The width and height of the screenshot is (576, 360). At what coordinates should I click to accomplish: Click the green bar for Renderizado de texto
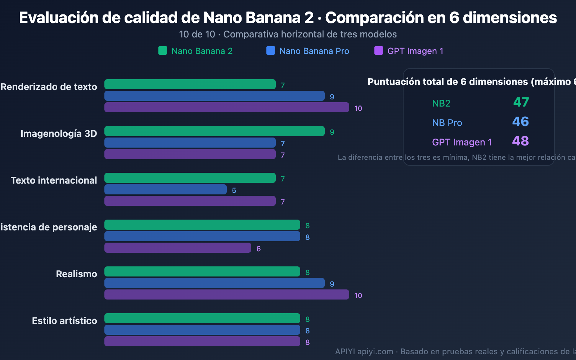[190, 84]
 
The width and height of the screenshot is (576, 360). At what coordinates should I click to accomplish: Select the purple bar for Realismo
[226, 294]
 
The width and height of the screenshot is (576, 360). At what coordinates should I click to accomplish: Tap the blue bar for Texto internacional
[165, 189]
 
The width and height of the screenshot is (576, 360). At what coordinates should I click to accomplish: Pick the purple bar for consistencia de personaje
[177, 248]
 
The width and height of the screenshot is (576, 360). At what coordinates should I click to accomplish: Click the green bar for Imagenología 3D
[214, 131]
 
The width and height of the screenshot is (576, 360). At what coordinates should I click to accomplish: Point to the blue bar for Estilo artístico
[202, 330]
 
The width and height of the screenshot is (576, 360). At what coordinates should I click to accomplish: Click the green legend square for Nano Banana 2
[163, 50]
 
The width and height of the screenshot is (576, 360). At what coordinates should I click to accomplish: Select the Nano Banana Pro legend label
[314, 51]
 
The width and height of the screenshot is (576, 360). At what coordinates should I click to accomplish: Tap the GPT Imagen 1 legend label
[415, 51]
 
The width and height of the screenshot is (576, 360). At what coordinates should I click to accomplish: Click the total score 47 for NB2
[521, 102]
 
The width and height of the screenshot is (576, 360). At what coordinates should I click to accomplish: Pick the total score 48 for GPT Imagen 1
[521, 141]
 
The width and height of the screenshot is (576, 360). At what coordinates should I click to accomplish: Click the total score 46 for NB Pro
[521, 122]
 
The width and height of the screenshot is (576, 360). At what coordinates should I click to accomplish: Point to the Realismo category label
[76, 274]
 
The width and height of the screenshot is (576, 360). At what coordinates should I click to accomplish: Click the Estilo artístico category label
[64, 321]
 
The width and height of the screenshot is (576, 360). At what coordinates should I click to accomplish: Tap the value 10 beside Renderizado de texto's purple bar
[358, 108]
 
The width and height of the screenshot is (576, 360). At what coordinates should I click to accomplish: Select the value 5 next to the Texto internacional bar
[234, 190]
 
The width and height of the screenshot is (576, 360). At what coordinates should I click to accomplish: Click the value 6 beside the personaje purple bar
[258, 249]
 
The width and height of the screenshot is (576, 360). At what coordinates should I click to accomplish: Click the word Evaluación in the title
[58, 18]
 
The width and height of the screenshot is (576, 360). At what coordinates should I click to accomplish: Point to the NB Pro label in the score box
[447, 123]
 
